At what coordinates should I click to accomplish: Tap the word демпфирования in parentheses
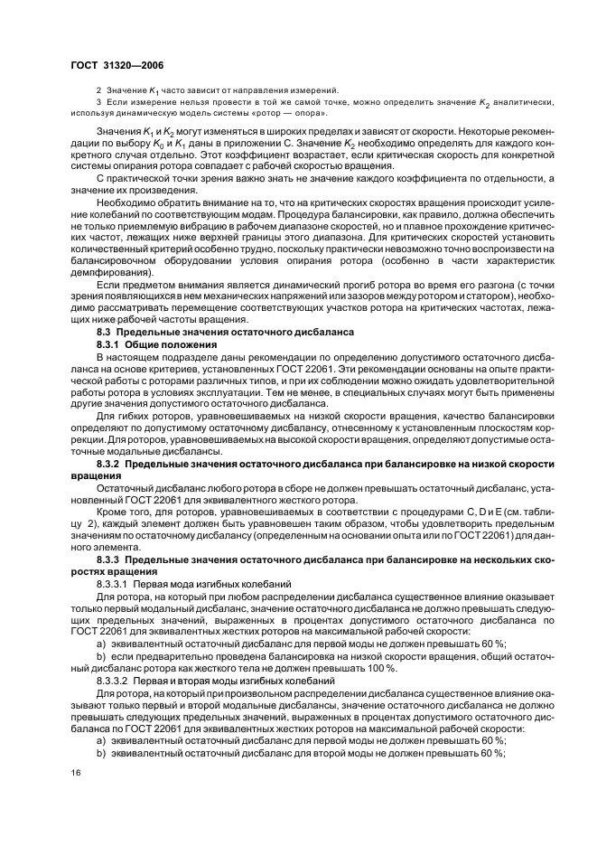106,272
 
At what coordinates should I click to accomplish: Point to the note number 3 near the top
98,102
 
